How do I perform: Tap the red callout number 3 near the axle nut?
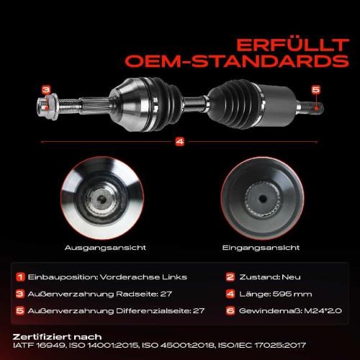click(x=46, y=90)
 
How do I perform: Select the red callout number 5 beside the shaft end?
click(x=315, y=89)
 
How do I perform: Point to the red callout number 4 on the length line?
click(x=179, y=141)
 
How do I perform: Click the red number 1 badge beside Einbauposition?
click(x=22, y=276)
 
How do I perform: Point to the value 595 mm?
click(x=288, y=293)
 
